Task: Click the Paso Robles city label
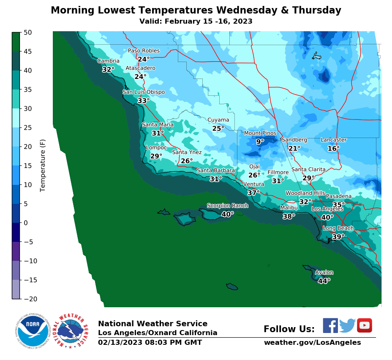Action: (x=144, y=51)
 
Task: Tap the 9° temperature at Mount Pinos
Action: (x=260, y=142)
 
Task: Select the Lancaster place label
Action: (x=333, y=140)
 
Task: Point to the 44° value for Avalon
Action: (x=324, y=281)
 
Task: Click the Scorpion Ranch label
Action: (x=227, y=206)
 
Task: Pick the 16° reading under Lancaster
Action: (x=333, y=149)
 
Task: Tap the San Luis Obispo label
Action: (x=144, y=92)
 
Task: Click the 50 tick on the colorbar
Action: (x=27, y=32)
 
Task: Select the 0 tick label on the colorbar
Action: (x=25, y=223)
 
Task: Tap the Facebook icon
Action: (x=330, y=325)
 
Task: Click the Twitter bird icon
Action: (x=347, y=325)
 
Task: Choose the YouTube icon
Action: (x=364, y=325)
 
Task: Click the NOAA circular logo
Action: (x=33, y=330)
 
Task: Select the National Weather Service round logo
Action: (x=70, y=330)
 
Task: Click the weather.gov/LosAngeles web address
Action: (x=312, y=342)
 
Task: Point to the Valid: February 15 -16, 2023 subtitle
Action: (x=196, y=21)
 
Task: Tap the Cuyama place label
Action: (x=218, y=120)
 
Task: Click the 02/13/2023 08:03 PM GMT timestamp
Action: (x=150, y=342)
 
